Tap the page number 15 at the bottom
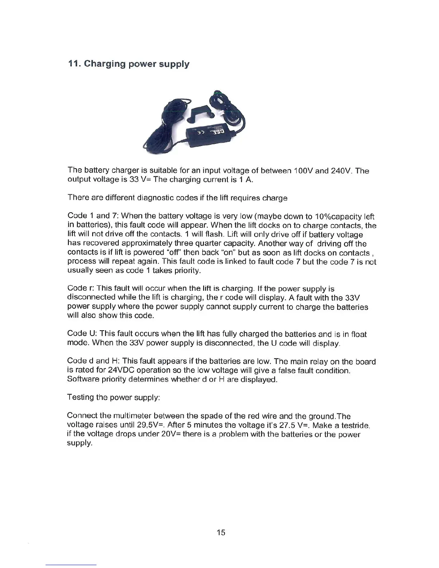point(221,532)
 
